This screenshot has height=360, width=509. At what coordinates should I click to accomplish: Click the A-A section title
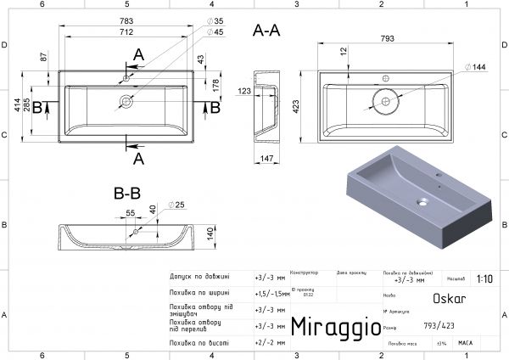(267, 31)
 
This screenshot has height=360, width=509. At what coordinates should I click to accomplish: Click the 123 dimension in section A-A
(244, 90)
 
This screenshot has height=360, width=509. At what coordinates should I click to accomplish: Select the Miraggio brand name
(332, 326)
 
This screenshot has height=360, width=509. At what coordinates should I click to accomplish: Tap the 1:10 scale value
(485, 278)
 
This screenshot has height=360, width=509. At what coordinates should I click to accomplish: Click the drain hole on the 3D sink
(422, 202)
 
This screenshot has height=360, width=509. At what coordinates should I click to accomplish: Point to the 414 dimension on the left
(16, 106)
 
